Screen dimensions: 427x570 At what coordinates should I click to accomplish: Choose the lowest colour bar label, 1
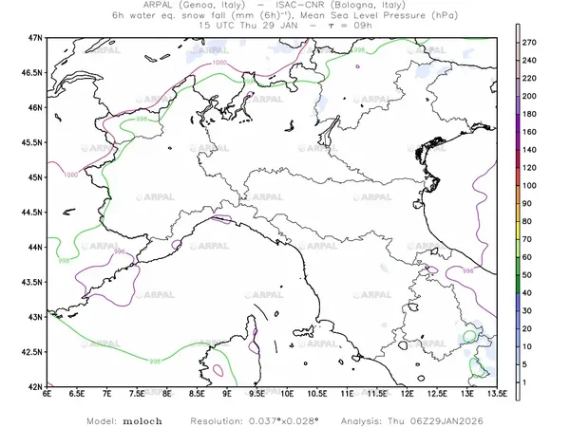coord(530,380)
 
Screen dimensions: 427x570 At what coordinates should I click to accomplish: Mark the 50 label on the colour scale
coord(531,273)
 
